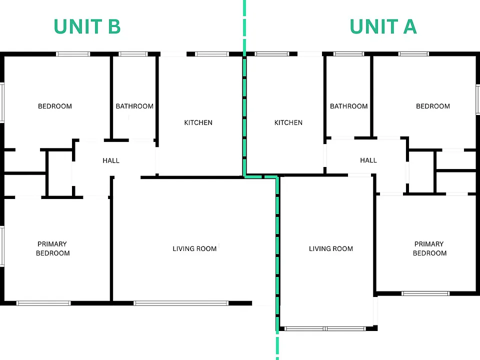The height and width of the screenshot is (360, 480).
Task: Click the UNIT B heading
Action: (x=87, y=26)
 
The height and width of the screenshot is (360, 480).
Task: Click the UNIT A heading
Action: (x=383, y=26)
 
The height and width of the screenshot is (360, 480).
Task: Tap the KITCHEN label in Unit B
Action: (x=198, y=122)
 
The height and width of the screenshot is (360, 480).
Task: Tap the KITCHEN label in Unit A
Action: (x=288, y=122)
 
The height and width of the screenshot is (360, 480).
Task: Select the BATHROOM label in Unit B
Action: (x=134, y=106)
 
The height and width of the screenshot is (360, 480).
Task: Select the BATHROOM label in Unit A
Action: (x=348, y=106)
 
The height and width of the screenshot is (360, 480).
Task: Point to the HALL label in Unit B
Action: (x=111, y=160)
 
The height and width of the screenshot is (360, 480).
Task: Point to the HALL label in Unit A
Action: (x=368, y=160)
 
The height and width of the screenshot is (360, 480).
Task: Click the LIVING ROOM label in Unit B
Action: (x=194, y=248)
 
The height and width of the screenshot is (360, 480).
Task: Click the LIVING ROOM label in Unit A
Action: (x=330, y=248)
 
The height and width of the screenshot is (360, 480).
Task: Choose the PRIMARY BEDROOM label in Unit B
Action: (x=52, y=248)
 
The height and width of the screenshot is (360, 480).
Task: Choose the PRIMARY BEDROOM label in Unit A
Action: (x=429, y=248)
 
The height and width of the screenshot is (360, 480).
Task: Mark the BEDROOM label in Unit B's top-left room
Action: (x=55, y=106)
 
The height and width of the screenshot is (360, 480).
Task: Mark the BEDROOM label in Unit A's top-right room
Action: (x=433, y=106)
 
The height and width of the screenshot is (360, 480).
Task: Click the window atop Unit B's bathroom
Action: (x=133, y=54)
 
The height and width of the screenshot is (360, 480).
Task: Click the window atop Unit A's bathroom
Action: (x=348, y=54)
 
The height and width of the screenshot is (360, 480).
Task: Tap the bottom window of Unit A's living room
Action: (x=325, y=329)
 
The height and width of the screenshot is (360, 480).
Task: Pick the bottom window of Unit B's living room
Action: (x=181, y=303)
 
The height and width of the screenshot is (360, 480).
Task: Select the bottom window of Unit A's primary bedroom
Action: (x=425, y=293)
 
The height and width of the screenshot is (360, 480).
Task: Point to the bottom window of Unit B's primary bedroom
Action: (x=43, y=303)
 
